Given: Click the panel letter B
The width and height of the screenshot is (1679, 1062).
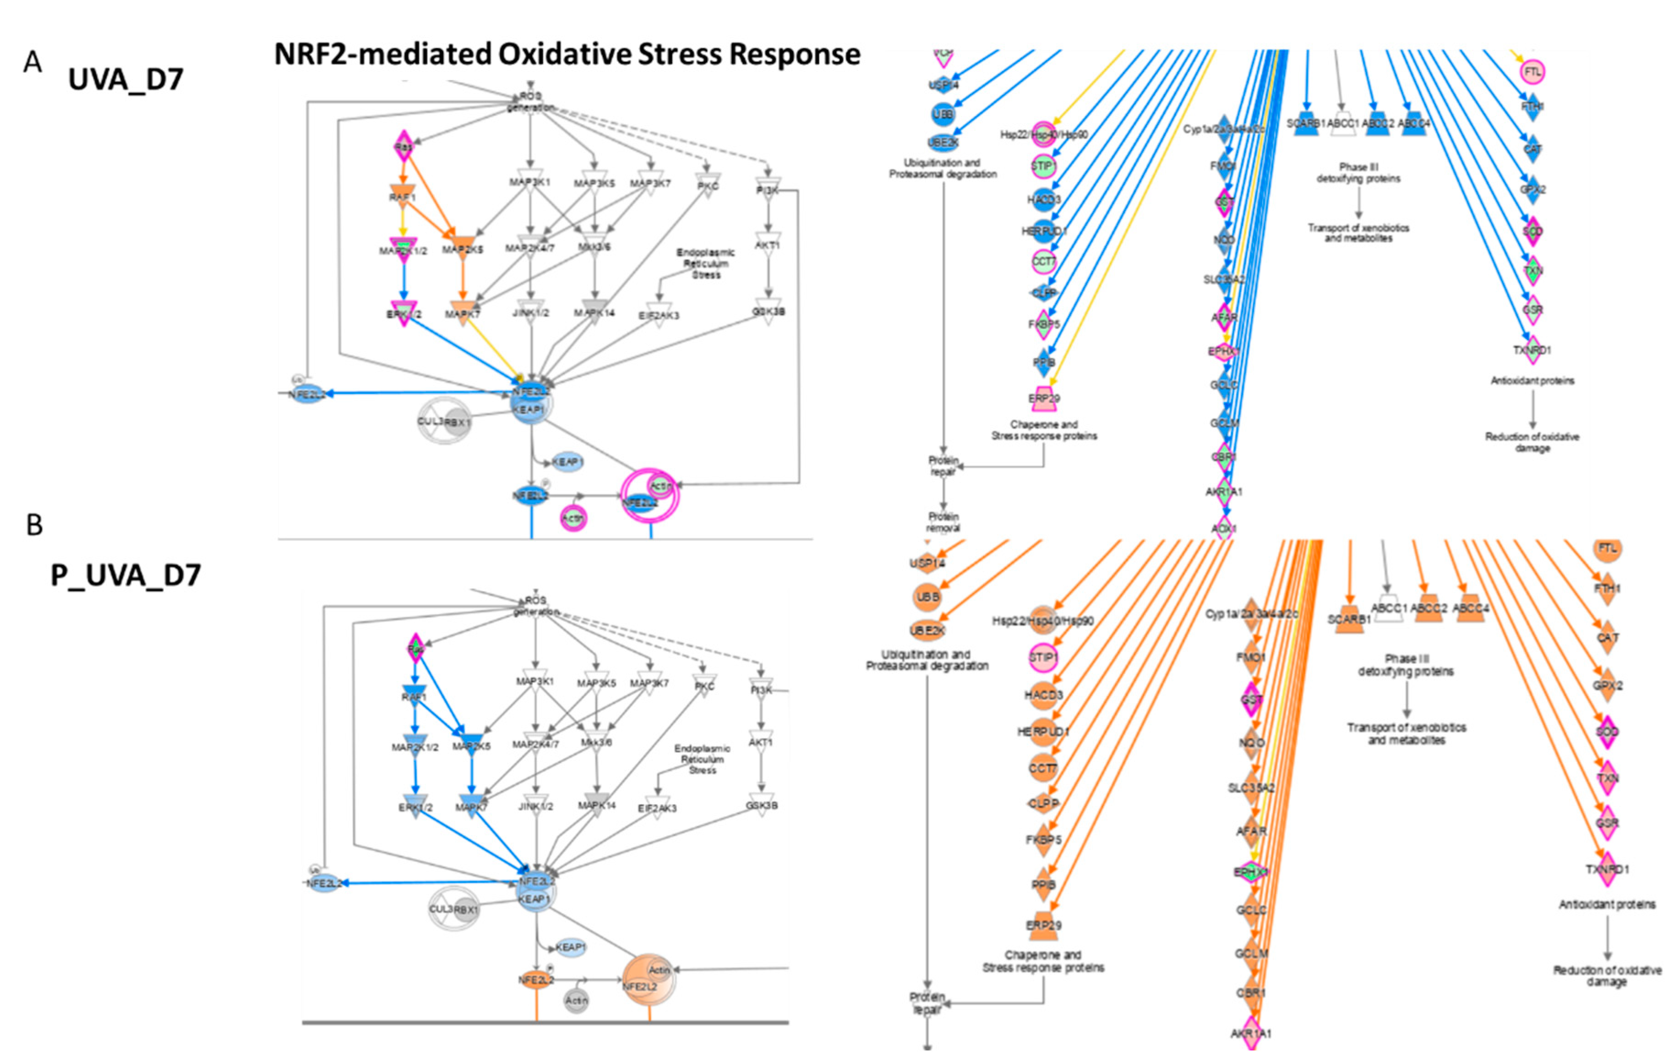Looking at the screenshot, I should point(34,525).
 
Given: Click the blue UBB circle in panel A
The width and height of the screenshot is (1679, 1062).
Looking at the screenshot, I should point(943,114).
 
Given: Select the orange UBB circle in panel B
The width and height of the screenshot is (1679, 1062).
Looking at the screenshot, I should point(927,597).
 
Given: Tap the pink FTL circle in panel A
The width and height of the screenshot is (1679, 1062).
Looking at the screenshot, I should point(1532,71).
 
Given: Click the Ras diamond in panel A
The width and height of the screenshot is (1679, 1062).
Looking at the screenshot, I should point(403,147).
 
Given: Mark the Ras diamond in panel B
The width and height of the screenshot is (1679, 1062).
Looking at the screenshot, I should point(415,650).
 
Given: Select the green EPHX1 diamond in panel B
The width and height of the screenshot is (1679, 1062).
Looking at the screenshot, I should point(1251,871).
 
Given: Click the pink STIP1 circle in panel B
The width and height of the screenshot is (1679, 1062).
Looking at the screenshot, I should point(1043,657).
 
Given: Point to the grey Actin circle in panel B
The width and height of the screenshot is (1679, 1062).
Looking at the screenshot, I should point(577,1001).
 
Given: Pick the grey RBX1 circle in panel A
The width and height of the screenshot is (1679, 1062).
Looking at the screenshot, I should point(458,422).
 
